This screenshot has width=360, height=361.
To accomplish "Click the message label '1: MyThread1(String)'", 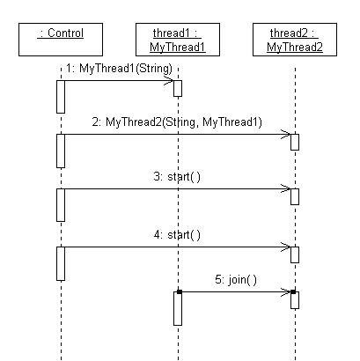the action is [x=119, y=69].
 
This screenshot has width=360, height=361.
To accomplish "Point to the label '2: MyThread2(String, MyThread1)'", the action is [x=177, y=122].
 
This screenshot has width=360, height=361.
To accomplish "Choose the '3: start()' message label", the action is [x=177, y=177].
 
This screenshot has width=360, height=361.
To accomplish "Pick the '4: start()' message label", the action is [x=177, y=235].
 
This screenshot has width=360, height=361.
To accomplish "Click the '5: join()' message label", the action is [x=236, y=279].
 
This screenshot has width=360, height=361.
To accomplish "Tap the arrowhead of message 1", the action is [x=173, y=81].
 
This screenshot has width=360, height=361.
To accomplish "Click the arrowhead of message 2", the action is [x=290, y=135].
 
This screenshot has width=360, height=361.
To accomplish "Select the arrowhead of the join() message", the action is [x=290, y=292].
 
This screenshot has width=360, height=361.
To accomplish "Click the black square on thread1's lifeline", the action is [x=180, y=291].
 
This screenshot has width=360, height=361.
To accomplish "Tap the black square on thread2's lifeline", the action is [x=293, y=291].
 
